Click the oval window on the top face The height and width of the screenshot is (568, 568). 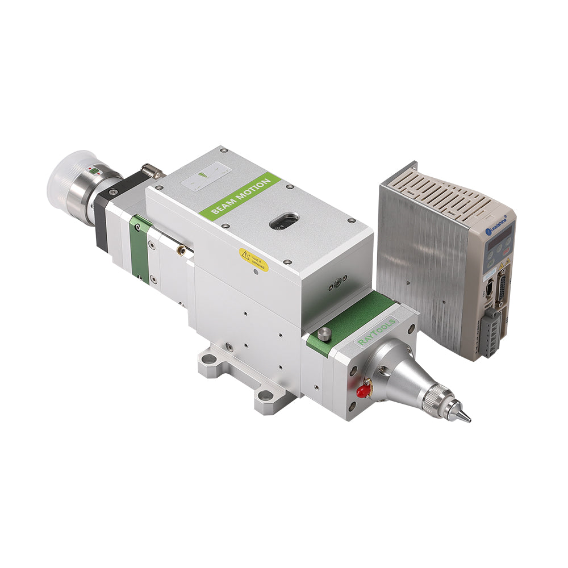(x=284, y=221)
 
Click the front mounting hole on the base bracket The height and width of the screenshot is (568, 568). (x=265, y=395)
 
